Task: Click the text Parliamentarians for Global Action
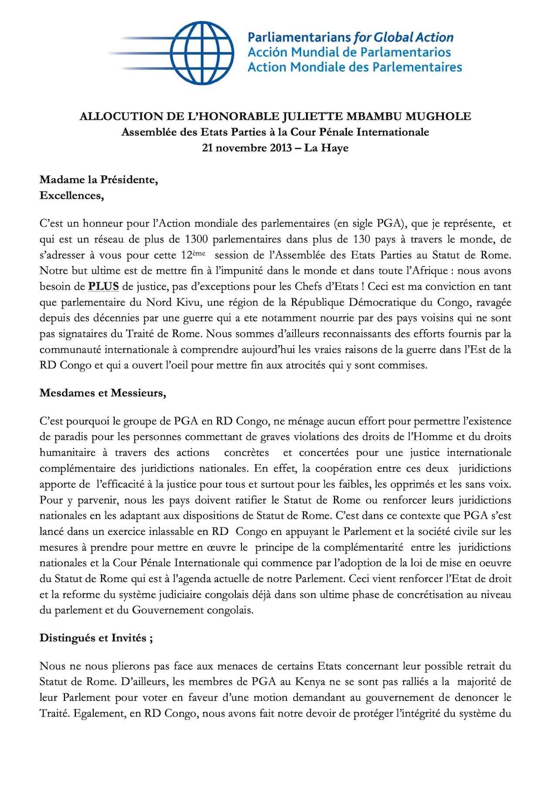[350, 37]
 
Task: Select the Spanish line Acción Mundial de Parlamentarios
[349, 52]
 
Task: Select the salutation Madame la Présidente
[99, 180]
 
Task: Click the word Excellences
[71, 195]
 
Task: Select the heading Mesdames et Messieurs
[103, 393]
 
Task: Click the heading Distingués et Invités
[96, 638]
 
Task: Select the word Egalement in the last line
[105, 713]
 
